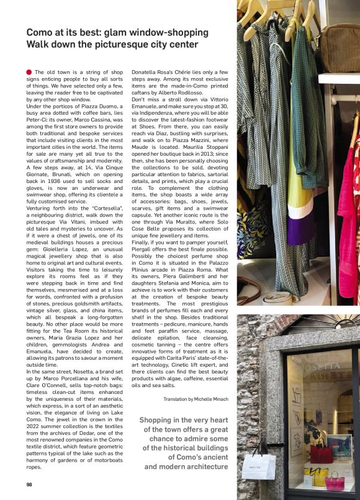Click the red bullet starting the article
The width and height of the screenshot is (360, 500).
29,73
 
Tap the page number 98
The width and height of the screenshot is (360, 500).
29,484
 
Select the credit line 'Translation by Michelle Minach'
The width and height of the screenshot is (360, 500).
197,400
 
